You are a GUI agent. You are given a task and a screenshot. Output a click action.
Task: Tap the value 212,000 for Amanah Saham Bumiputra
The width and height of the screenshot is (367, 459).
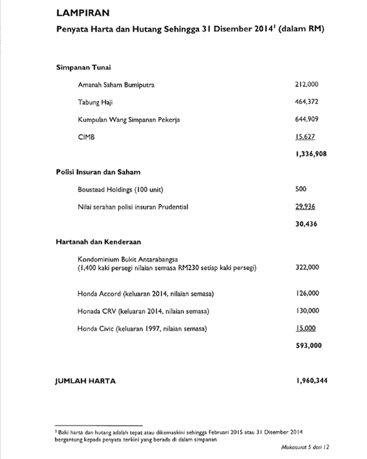coord(307,84)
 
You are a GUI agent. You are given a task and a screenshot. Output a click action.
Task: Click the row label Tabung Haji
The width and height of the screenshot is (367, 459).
coord(94,102)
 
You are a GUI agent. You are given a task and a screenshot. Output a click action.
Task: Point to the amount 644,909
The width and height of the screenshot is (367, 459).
coord(307,119)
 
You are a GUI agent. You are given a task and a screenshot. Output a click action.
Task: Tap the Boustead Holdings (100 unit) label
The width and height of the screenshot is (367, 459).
coord(117,189)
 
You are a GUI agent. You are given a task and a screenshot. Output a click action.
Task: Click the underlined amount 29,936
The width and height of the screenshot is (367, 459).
coord(305,207)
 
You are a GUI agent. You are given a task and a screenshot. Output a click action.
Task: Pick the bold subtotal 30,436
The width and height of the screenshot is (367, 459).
coord(307,224)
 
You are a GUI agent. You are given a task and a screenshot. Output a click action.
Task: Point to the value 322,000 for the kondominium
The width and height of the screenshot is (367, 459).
coord(307,267)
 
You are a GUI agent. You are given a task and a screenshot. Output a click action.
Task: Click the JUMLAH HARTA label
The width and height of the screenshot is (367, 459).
coord(84,381)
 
